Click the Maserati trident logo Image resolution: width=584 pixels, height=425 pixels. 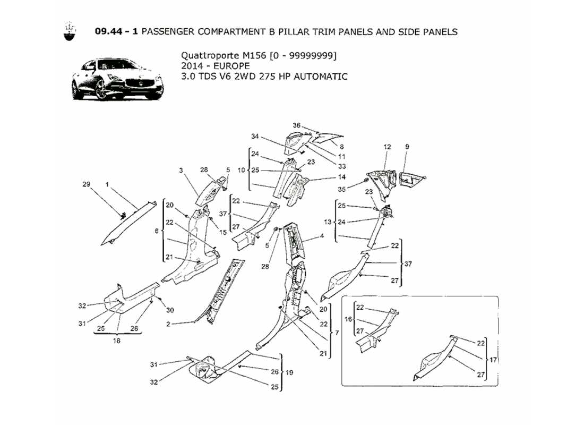coord(68,31)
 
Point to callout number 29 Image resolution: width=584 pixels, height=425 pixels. coord(87,184)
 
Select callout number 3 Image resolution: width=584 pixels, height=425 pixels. coord(181,170)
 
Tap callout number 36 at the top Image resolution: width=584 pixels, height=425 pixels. coord(297,125)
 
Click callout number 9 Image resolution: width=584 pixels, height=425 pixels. coord(407,146)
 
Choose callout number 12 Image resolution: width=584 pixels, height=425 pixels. coord(387,146)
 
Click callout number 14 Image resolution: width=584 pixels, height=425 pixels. coord(342,177)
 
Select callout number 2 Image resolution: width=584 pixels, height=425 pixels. coord(168,324)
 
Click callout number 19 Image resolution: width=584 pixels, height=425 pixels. coord(289,372)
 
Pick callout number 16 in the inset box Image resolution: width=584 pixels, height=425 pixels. coord(348,320)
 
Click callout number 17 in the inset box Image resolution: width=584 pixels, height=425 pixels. coord(493,360)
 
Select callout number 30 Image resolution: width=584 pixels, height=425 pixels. coord(170,310)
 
